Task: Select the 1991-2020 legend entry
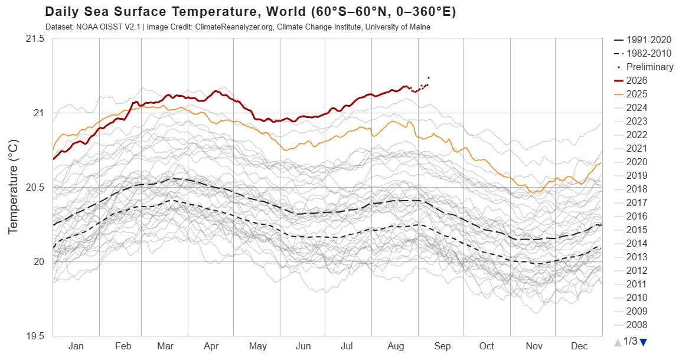click(642, 40)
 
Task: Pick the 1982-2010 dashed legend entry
click(642, 53)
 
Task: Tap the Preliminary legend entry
click(645, 67)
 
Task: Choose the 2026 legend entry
click(631, 80)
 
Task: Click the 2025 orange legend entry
click(631, 94)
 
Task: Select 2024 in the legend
click(631, 107)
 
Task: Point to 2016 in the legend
click(631, 216)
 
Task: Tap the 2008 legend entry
click(631, 325)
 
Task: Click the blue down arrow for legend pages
click(643, 342)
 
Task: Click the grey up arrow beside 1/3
click(618, 342)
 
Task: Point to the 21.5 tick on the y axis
click(35, 39)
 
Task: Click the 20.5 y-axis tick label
click(35, 187)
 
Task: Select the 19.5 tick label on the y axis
click(35, 336)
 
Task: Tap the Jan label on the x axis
click(76, 346)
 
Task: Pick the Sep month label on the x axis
click(442, 346)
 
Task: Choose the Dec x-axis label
click(579, 346)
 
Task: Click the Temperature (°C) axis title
click(13, 187)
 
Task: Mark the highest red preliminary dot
click(429, 78)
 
